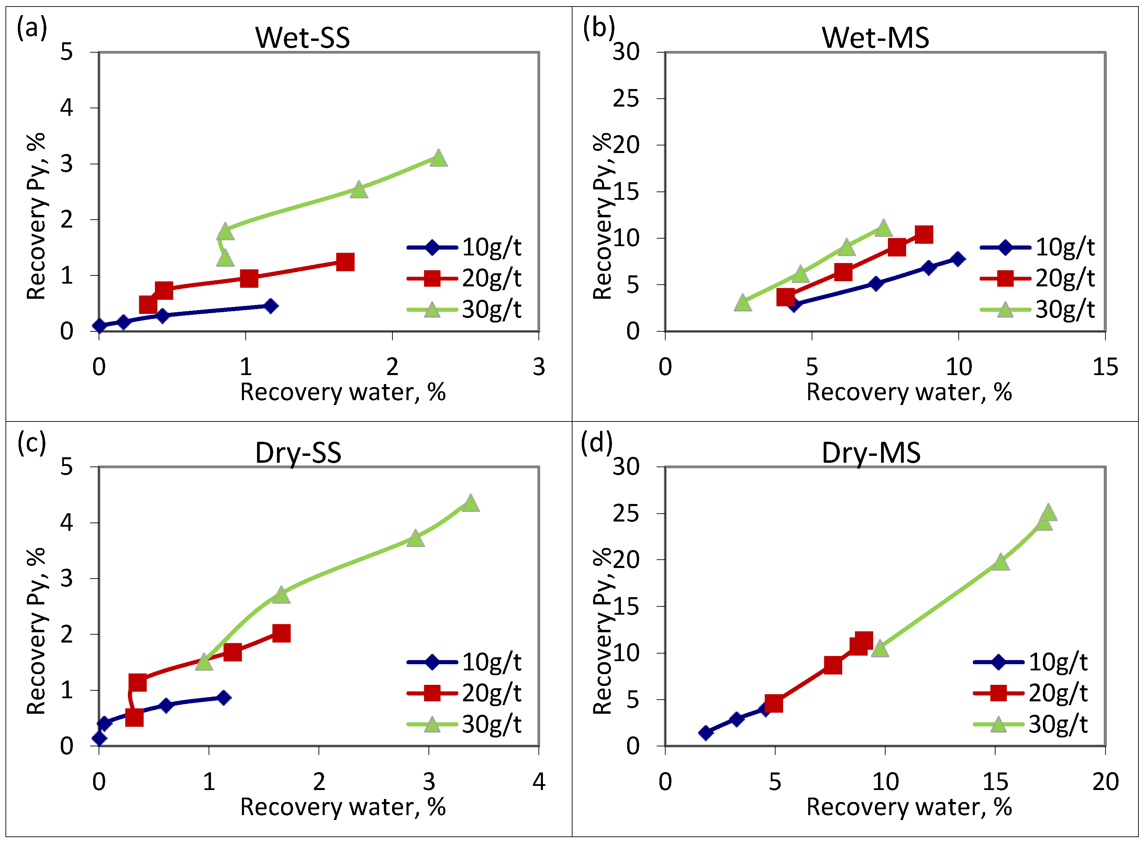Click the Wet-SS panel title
(x=302, y=38)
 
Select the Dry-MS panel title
(x=871, y=453)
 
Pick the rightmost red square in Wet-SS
(x=345, y=262)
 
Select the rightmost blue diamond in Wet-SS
(x=271, y=306)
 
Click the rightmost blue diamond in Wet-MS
(x=958, y=259)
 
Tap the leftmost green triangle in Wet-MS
(x=743, y=303)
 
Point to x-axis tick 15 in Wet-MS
(x=1105, y=367)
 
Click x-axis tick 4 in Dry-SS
(x=539, y=782)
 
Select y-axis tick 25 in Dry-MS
(x=626, y=514)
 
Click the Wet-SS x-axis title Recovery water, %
(x=343, y=392)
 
